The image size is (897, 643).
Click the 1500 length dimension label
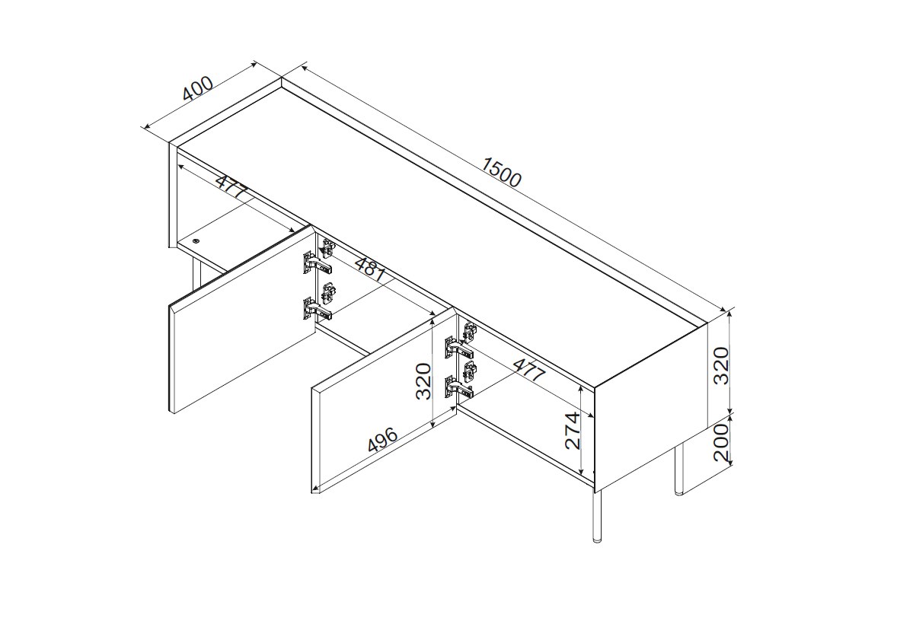pos(501,172)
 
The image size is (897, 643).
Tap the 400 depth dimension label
pos(198,88)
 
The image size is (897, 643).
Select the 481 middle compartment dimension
pos(369,269)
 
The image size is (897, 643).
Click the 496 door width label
pos(383,440)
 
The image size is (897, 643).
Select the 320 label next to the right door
pos(423,381)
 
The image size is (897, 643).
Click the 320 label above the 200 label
pos(723,366)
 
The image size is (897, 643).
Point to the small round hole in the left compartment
pos(196,240)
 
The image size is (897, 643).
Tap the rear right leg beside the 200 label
pos(680,470)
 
